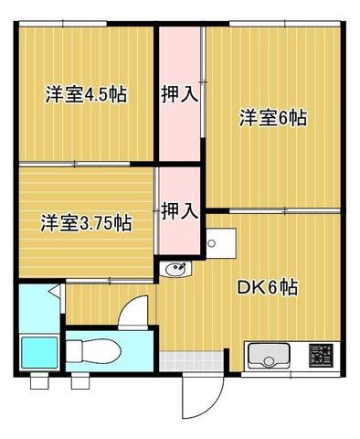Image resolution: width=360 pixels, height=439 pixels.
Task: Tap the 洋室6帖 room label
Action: click(272, 118)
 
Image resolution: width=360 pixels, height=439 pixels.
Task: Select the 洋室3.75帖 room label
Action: click(84, 222)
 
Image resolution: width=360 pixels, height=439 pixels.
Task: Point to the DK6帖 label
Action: click(267, 287)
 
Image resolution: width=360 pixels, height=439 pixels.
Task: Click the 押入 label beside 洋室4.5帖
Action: click(179, 92)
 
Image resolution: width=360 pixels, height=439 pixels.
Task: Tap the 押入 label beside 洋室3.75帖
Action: click(179, 211)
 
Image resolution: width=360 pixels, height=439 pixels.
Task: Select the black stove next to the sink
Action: click(321, 355)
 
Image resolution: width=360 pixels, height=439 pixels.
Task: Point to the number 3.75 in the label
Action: click(101, 222)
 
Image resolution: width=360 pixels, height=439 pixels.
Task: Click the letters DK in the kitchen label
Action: click(249, 287)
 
